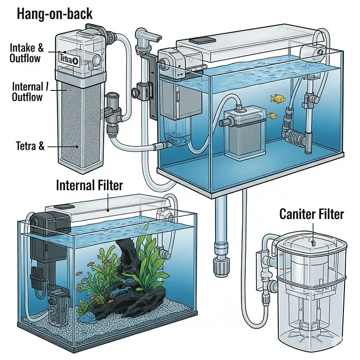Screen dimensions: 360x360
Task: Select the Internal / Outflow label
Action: pyautogui.click(x=27, y=91)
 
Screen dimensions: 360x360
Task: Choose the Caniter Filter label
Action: pyautogui.click(x=311, y=214)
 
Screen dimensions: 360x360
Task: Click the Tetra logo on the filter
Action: pyautogui.click(x=66, y=59)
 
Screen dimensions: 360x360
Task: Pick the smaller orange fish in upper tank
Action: pyautogui.click(x=272, y=116)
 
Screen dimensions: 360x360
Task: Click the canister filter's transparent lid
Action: pyautogui.click(x=311, y=246)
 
